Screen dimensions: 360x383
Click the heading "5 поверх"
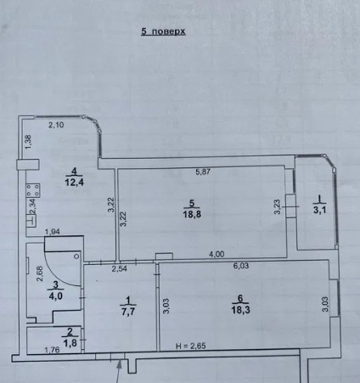tap(163, 31)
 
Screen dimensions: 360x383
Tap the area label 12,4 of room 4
tap(75, 182)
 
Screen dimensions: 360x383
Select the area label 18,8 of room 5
tap(192, 214)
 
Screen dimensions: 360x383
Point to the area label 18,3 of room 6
tap(240, 310)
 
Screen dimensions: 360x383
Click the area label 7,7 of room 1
tap(128, 312)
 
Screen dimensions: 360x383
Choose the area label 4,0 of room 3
tap(56, 296)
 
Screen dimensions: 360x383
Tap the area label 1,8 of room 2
tap(70, 343)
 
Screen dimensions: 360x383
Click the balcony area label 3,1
tap(320, 210)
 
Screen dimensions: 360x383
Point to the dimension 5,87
tap(203, 172)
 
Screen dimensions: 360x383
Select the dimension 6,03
tap(241, 266)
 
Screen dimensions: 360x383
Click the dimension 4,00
tap(217, 254)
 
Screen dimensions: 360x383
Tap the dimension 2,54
tap(119, 268)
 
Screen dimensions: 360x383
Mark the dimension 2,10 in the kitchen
tap(56, 125)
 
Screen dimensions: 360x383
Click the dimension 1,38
tap(28, 143)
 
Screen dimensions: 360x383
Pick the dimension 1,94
tap(53, 232)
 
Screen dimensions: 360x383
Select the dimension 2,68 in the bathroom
tap(40, 273)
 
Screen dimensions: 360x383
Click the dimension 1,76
tap(52, 350)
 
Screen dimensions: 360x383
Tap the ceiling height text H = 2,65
tap(191, 346)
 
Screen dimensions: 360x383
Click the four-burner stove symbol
tap(33, 190)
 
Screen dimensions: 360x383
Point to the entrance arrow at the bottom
tap(119, 371)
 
